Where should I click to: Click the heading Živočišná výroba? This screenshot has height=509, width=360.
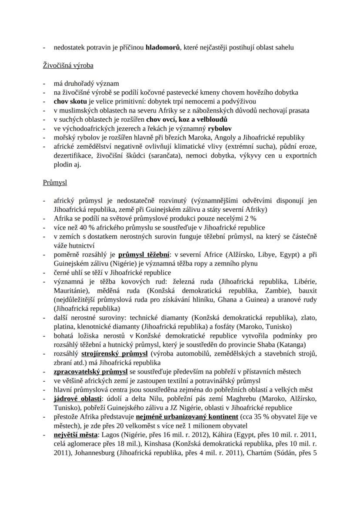[68, 66]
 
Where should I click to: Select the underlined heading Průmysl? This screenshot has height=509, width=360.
[55, 183]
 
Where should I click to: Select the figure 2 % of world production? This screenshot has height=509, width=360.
[250, 218]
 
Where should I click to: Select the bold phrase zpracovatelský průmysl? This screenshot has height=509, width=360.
[90, 372]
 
